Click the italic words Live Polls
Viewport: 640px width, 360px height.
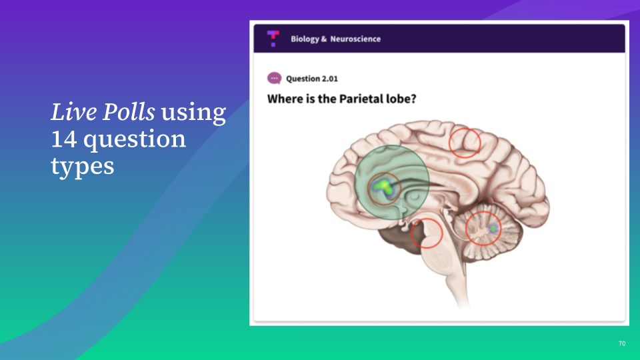click(x=103, y=111)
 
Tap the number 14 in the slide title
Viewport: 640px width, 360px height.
click(x=64, y=139)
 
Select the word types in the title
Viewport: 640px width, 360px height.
click(x=83, y=167)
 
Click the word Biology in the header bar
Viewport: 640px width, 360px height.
click(x=305, y=39)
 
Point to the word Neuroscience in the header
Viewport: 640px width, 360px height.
click(x=355, y=39)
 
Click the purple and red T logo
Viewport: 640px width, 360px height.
click(x=273, y=39)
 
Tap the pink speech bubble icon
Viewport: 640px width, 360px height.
click(x=274, y=78)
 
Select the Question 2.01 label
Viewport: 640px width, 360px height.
click(x=312, y=79)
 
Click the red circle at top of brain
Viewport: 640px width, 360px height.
click(x=465, y=128)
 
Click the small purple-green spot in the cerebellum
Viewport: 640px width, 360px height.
click(x=493, y=228)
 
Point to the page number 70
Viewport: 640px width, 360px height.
click(x=621, y=344)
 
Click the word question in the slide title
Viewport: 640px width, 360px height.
click(x=135, y=140)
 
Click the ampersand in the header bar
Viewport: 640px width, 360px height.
click(x=324, y=39)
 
